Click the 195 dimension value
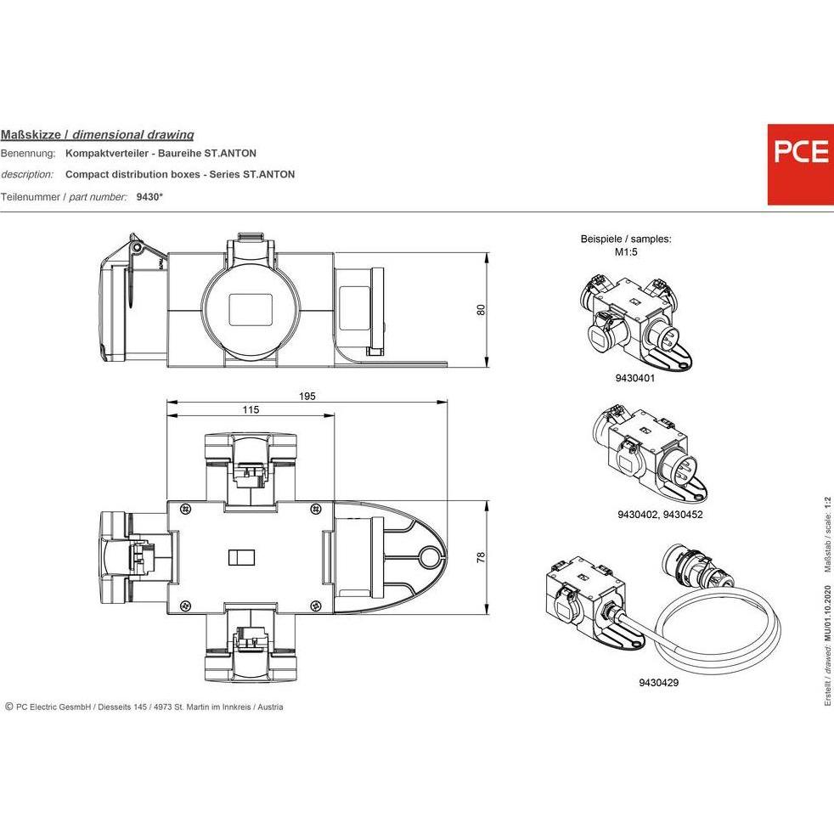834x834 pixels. pos(307,397)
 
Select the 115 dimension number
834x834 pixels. pos(251,410)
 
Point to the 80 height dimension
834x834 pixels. pos(481,310)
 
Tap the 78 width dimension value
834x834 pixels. pos(481,558)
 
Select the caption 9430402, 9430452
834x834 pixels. pos(660,515)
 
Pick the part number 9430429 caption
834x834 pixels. pos(657,682)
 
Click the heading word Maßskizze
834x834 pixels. pos(31,134)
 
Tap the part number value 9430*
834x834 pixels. pos(149,196)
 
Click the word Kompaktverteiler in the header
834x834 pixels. pos(105,154)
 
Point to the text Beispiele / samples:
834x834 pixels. pos(626,239)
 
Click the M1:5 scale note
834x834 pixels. pos(626,252)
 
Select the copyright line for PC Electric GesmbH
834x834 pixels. pos(144,707)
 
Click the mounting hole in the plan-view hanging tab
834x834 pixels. pos(431,558)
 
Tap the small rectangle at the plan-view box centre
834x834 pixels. pos(242,557)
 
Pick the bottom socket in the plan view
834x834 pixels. pos(250,645)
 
